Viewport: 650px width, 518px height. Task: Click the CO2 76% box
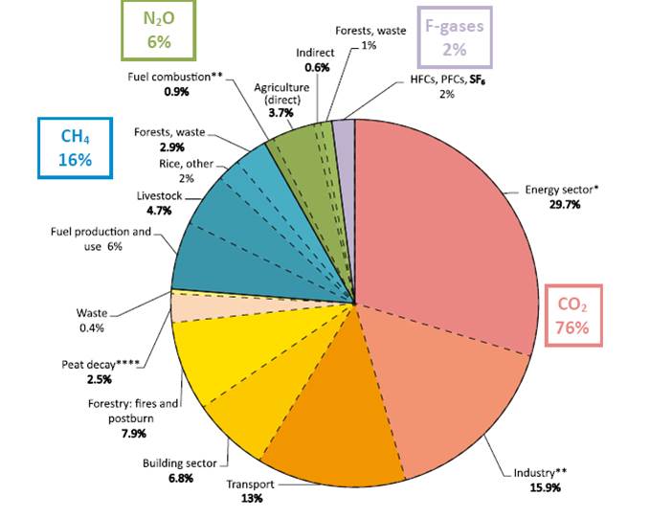pos(574,316)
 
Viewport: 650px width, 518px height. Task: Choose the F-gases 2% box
pos(454,36)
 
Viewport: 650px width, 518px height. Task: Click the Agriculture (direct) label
pos(281,93)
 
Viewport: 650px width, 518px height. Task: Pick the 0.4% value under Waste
pos(92,328)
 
